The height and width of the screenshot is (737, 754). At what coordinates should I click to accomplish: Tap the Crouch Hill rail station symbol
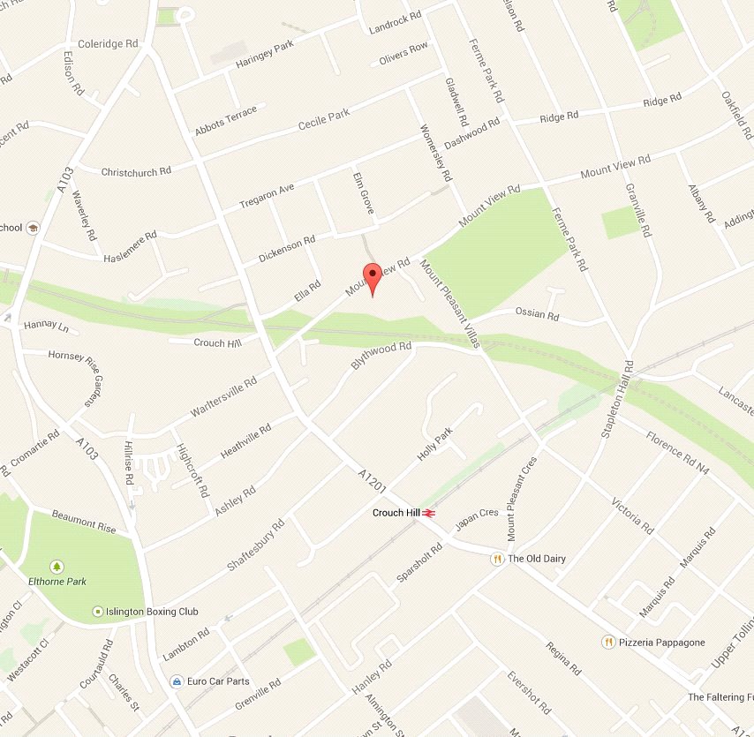pos(430,513)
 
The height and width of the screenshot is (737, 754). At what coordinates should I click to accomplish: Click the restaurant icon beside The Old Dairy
pos(497,559)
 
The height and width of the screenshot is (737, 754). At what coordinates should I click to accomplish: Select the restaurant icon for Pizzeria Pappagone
pos(607,642)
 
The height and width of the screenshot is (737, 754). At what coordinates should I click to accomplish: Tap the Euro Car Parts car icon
pos(177,681)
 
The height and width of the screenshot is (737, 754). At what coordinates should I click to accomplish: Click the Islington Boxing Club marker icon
pos(98,612)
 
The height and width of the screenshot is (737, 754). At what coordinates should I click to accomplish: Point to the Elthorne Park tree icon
pos(57,566)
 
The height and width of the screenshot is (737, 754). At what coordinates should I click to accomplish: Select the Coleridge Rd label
pos(109,43)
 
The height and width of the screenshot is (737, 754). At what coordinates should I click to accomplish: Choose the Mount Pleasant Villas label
pos(449,303)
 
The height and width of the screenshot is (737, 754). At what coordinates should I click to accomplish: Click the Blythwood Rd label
pos(381,356)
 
